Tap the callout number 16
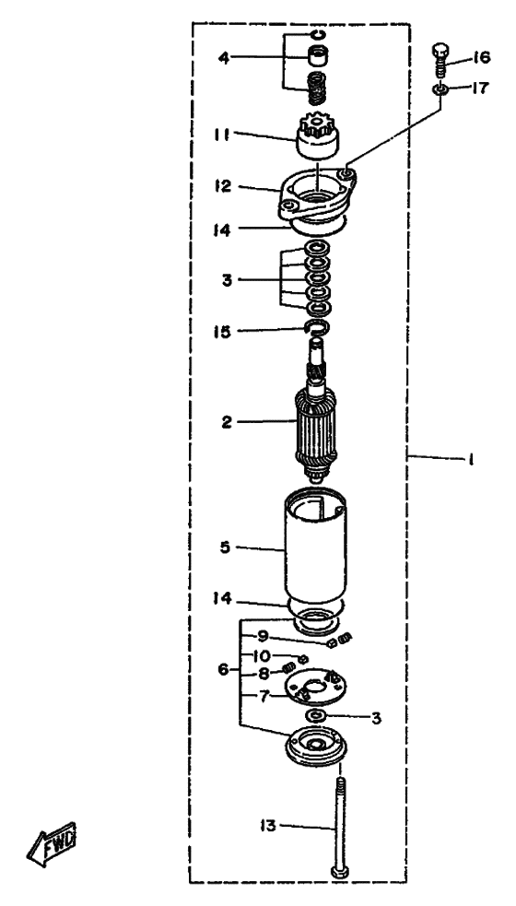(481, 57)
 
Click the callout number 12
(222, 186)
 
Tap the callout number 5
(225, 546)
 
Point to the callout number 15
(222, 332)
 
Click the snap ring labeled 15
(317, 328)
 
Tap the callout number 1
(471, 460)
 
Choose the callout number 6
(223, 670)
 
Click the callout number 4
(224, 57)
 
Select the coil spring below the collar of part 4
(317, 89)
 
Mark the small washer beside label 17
(440, 88)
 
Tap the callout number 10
(261, 655)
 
